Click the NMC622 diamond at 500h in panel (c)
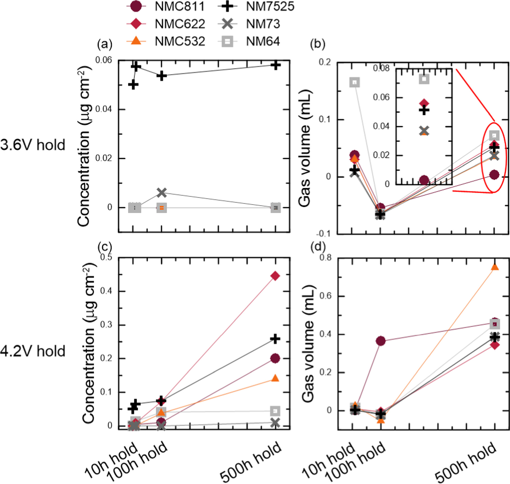coord(275,276)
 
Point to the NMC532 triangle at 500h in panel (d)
coord(495,267)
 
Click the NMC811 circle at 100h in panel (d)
coord(381,341)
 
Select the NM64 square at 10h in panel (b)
coord(355,82)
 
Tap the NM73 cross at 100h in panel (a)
coord(162,193)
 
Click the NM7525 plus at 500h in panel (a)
coord(276,65)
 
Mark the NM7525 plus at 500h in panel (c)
coord(275,339)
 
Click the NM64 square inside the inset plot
coord(424,79)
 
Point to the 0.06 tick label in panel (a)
coord(103,60)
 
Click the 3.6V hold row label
coord(33,145)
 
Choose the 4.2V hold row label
coord(33,351)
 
